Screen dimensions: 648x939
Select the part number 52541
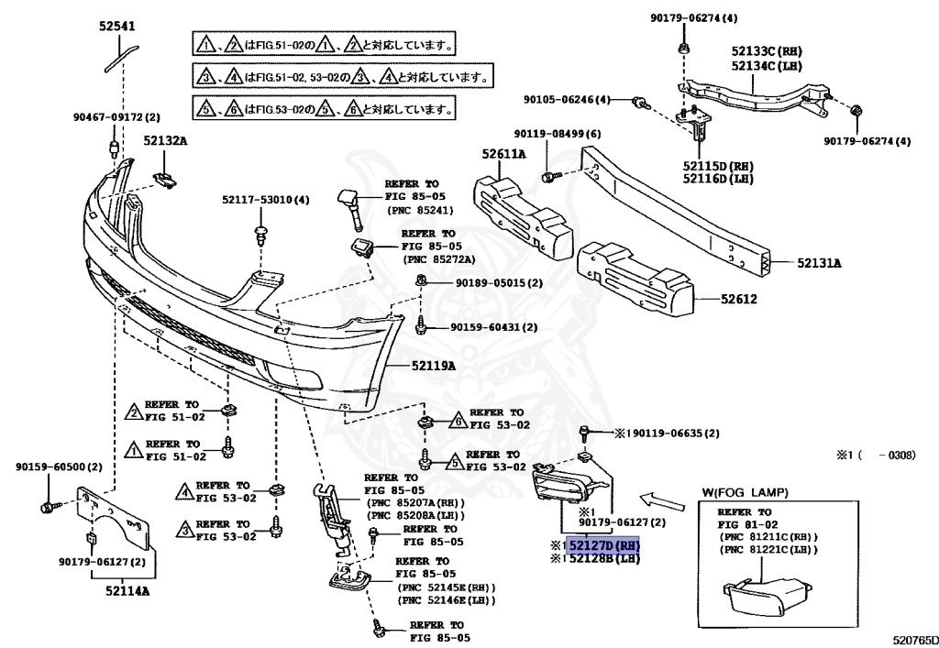(x=116, y=27)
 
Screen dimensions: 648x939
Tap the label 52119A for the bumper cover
(x=432, y=366)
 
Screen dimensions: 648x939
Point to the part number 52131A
(x=819, y=263)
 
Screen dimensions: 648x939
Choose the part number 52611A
(x=504, y=154)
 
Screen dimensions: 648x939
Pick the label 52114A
(x=124, y=591)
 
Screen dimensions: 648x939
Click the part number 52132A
(x=164, y=141)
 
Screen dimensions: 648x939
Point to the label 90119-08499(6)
(x=557, y=134)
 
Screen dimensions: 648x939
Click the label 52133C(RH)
(x=767, y=52)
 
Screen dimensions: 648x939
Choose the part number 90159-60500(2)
(x=58, y=467)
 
